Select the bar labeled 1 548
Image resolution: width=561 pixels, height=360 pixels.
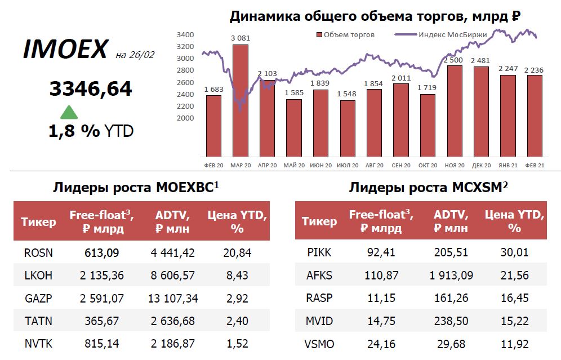[348, 128]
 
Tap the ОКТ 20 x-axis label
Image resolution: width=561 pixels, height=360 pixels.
[428, 165]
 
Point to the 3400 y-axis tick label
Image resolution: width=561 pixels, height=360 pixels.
[185, 34]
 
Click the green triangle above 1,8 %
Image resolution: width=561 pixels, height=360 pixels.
[69, 112]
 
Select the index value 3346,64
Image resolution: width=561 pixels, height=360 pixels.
[91, 88]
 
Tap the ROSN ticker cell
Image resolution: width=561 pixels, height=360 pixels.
[38, 253]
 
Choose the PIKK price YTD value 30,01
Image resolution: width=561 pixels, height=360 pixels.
[514, 253]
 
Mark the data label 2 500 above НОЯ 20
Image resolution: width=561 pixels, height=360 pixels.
[454, 60]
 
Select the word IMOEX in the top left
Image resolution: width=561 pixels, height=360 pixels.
[65, 50]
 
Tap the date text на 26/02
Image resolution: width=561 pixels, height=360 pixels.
[135, 55]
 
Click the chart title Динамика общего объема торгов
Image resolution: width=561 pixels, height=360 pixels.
[374, 16]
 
